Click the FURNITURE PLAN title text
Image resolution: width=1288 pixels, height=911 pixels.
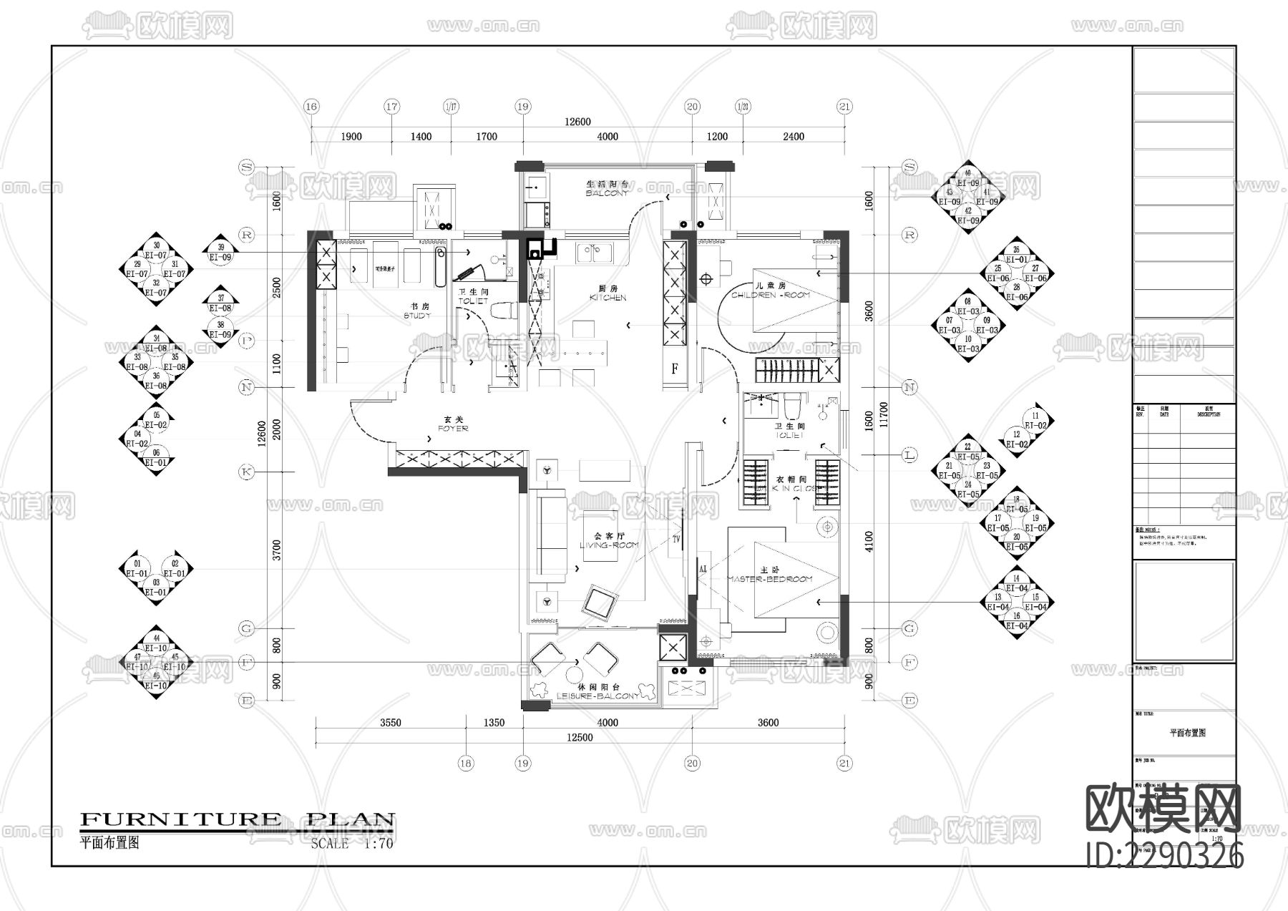click(238, 820)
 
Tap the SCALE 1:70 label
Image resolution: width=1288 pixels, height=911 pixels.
click(352, 844)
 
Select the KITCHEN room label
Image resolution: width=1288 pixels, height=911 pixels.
click(608, 293)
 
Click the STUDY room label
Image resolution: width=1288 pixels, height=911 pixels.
click(417, 311)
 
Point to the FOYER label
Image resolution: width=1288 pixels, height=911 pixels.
click(452, 424)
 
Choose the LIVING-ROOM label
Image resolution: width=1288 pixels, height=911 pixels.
click(609, 541)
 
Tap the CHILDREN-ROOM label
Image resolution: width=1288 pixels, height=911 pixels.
click(771, 291)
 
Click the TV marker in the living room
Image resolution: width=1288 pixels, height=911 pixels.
click(675, 540)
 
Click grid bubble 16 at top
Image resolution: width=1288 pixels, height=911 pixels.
click(311, 107)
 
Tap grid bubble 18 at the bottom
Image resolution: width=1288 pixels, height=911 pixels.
click(466, 764)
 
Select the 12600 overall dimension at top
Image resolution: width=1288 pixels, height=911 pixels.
click(577, 122)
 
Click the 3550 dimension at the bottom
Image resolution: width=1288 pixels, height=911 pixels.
click(390, 723)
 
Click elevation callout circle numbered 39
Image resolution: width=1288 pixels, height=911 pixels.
click(220, 248)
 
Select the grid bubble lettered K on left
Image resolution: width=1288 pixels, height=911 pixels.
click(246, 472)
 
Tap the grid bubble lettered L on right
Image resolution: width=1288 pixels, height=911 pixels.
click(909, 454)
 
